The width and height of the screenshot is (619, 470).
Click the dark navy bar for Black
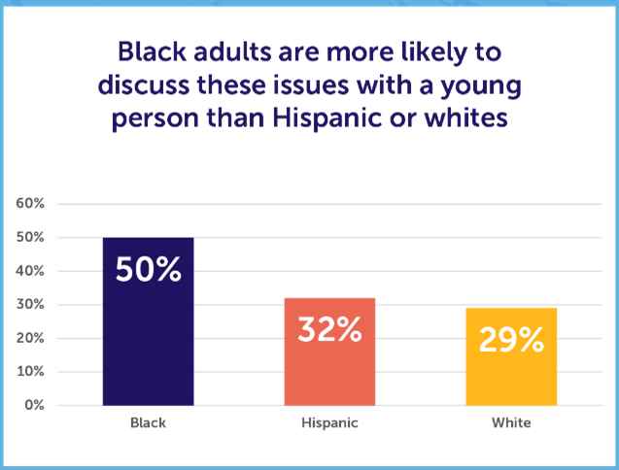pyautogui.click(x=149, y=321)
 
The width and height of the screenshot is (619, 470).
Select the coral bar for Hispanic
pyautogui.click(x=329, y=352)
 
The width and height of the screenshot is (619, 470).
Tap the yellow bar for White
pyautogui.click(x=510, y=356)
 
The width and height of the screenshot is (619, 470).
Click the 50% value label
pyautogui.click(x=149, y=269)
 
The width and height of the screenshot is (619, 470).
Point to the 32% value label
pyautogui.click(x=329, y=330)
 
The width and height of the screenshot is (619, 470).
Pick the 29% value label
pyautogui.click(x=510, y=339)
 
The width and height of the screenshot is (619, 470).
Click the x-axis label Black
pyautogui.click(x=149, y=423)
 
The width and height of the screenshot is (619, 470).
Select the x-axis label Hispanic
pyautogui.click(x=329, y=423)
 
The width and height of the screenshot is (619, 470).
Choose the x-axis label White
pyautogui.click(x=510, y=423)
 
